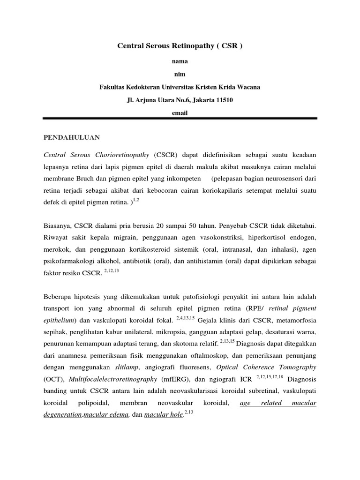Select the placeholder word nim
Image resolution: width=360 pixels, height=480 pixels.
pyautogui.click(x=180, y=74)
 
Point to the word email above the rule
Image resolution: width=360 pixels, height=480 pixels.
pyautogui.click(x=180, y=113)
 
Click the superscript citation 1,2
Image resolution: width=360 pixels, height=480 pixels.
pyautogui.click(x=136, y=200)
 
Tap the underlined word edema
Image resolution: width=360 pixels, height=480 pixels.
pyautogui.click(x=120, y=415)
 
